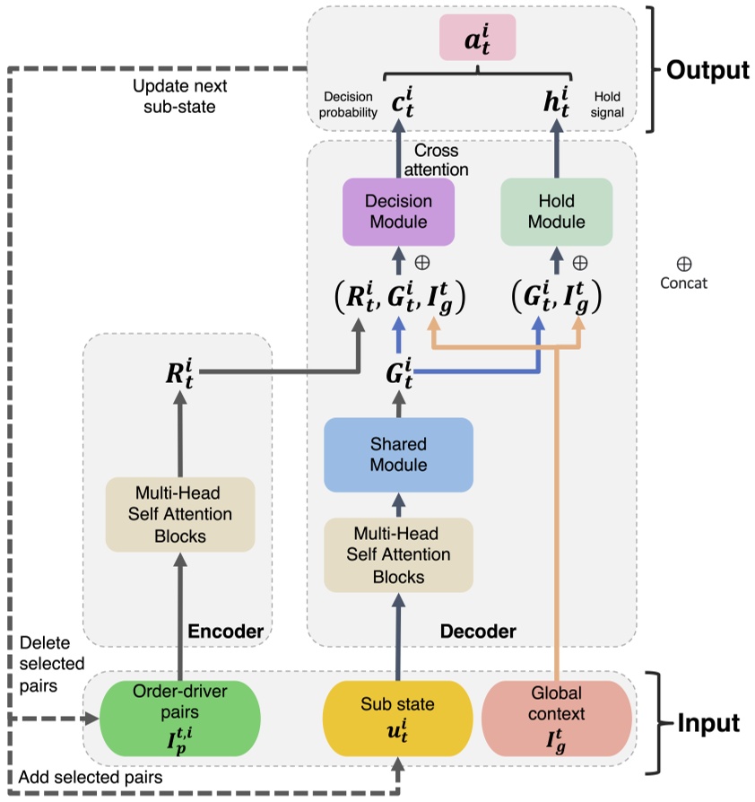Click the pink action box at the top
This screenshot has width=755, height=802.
pyautogui.click(x=476, y=37)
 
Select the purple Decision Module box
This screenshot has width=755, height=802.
pyautogui.click(x=398, y=212)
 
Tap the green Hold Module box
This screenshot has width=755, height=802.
pyautogui.click(x=555, y=212)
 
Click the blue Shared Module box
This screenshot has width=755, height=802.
pyautogui.click(x=398, y=455)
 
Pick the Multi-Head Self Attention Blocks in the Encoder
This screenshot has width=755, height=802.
pyautogui.click(x=180, y=514)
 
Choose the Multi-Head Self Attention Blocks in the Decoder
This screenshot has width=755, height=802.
pyautogui.click(x=398, y=554)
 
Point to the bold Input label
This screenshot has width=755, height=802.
pyautogui.click(x=709, y=722)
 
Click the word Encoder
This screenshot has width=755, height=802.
pyautogui.click(x=225, y=632)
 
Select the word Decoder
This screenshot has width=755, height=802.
pyautogui.click(x=478, y=632)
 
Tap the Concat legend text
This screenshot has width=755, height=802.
pyautogui.click(x=683, y=283)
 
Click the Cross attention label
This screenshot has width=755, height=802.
pyautogui.click(x=438, y=161)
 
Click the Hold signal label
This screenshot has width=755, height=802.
pyautogui.click(x=607, y=105)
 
